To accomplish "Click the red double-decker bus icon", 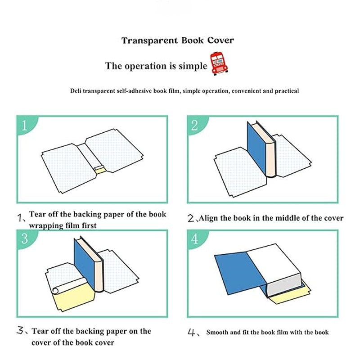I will [x=219, y=63].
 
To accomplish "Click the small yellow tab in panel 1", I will [x=99, y=169].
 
